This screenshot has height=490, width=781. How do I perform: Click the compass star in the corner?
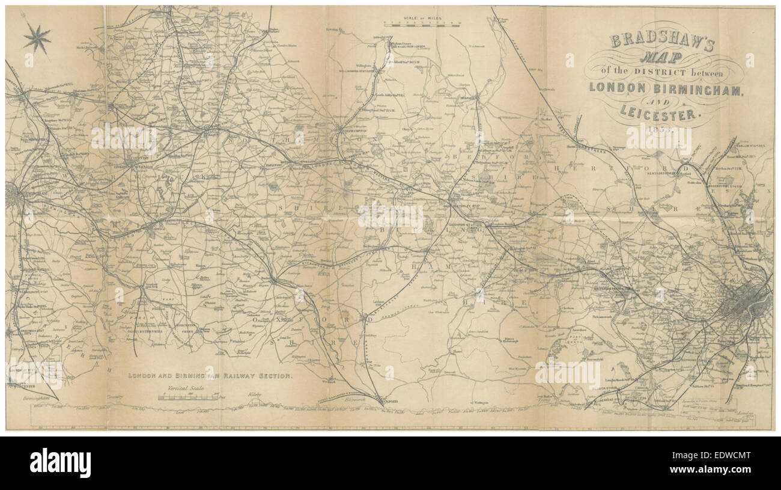coord(37,39)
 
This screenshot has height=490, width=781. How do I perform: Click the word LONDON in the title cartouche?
coord(616,87)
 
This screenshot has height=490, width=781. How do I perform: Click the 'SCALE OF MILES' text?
coord(422,19)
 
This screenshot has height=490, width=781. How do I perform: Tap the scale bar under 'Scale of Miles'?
coord(422,25)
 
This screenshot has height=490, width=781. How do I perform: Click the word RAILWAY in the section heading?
coord(236,376)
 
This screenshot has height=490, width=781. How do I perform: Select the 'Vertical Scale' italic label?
coord(186,388)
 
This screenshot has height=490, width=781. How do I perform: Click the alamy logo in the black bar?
coord(60,463)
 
